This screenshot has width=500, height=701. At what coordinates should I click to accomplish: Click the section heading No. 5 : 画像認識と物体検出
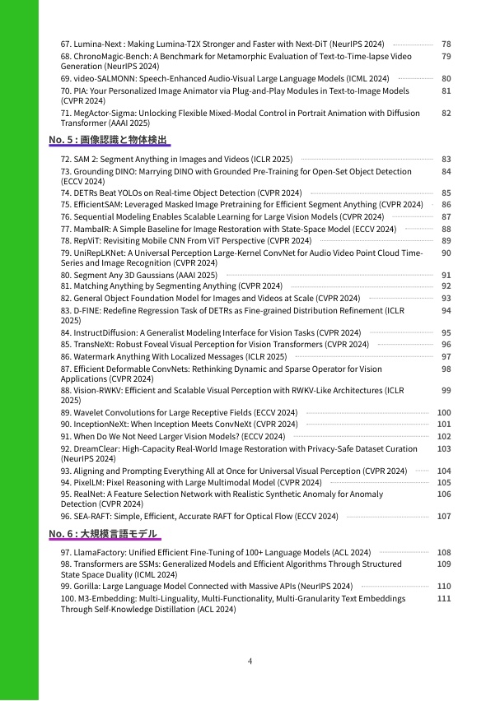[x=110, y=140]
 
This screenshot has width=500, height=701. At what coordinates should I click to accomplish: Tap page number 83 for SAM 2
[x=446, y=159]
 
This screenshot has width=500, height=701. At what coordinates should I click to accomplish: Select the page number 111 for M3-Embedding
[x=444, y=599]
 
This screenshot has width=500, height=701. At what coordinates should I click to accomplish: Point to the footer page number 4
[x=250, y=661]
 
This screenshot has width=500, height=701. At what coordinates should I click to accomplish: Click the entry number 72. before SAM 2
[x=66, y=159]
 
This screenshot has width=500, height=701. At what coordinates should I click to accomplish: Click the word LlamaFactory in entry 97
[x=98, y=553]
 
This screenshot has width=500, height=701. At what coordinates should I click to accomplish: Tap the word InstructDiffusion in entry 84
[x=105, y=333]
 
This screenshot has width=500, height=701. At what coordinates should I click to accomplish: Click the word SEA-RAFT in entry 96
[x=91, y=517]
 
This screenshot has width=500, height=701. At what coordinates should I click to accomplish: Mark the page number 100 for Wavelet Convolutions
[x=444, y=413]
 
